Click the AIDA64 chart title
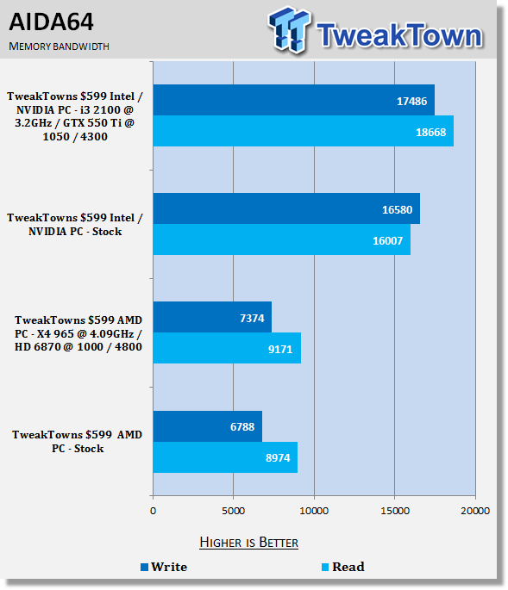[51, 22]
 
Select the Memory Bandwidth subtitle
[59, 47]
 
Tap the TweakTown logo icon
[289, 29]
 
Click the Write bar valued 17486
[294, 100]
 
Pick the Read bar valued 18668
[304, 131]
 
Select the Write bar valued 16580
[287, 208]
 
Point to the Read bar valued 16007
[282, 239]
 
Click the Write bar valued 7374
[212, 317]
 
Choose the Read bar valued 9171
[227, 348]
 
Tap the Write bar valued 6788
[208, 426]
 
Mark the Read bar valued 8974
[225, 457]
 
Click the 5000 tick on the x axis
[233, 511]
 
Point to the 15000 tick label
[395, 511]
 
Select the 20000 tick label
[475, 511]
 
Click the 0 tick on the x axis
[153, 511]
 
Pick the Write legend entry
[164, 567]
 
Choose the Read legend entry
[343, 567]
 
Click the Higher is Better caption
[248, 543]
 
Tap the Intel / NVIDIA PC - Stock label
[75, 224]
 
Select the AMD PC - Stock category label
[78, 441]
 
